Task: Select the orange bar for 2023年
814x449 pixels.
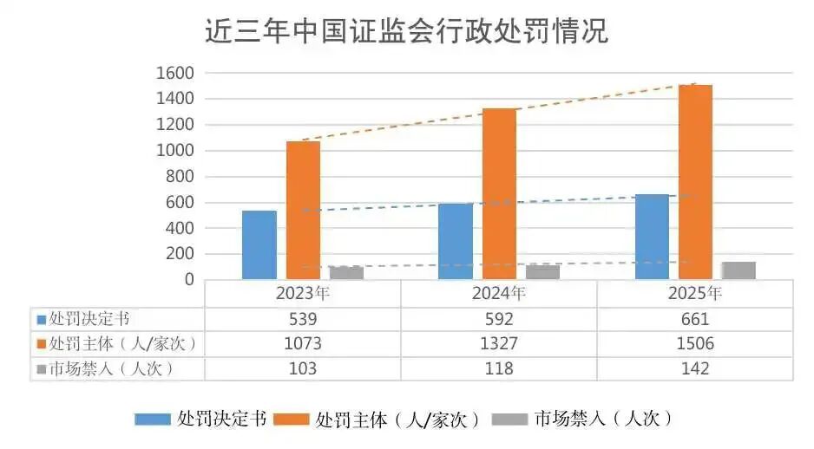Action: pos(303,210)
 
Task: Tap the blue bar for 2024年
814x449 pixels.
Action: pos(456,241)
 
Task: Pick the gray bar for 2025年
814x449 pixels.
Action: pos(739,270)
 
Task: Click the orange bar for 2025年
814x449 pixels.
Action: pos(695,182)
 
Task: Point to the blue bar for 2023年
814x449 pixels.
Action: pos(259,244)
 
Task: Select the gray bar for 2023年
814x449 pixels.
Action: pos(346,273)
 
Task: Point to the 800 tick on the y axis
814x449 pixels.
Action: pos(180,177)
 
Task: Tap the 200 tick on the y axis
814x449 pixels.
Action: pos(180,254)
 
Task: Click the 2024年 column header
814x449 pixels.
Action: pos(498,293)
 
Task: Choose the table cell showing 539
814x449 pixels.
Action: pos(303,318)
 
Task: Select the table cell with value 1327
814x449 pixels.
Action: pos(498,343)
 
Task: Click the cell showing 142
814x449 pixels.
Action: pos(695,368)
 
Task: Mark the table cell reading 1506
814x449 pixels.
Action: pos(695,343)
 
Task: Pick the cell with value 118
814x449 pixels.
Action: pos(498,368)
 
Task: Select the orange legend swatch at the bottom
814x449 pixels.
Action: pos(292,420)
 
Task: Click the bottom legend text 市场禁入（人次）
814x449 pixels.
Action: pos(602,420)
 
